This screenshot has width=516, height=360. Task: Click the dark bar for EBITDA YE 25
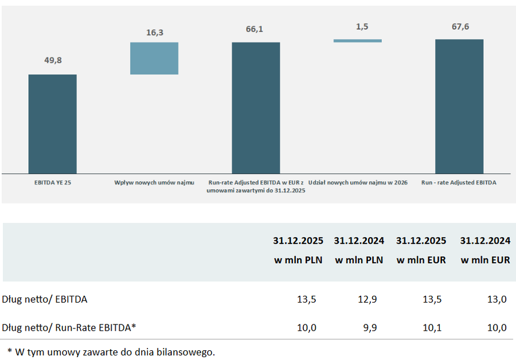coord(52,124)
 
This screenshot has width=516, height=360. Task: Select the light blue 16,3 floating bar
coord(154,58)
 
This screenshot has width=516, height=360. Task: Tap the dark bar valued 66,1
coord(256,107)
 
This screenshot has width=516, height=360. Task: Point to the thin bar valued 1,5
coord(357,41)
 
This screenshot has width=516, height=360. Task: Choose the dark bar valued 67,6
coord(459,106)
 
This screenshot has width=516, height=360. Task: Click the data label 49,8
coord(53,61)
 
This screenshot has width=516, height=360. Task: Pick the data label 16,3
coord(155,33)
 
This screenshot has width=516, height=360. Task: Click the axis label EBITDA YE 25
coord(52,182)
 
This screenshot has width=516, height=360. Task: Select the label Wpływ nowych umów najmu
coord(154,182)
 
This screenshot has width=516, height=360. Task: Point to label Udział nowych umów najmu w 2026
coord(358,182)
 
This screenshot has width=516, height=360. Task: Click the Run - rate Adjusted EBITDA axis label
coord(459,182)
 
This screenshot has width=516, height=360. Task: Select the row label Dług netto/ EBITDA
coord(45,299)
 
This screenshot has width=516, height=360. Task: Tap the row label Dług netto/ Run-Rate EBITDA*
coord(69,327)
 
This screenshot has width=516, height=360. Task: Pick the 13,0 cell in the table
coord(495,299)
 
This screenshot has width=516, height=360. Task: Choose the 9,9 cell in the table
coord(367,327)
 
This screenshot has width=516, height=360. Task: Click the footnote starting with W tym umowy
coord(111,351)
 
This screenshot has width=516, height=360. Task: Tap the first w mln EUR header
coord(421,260)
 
